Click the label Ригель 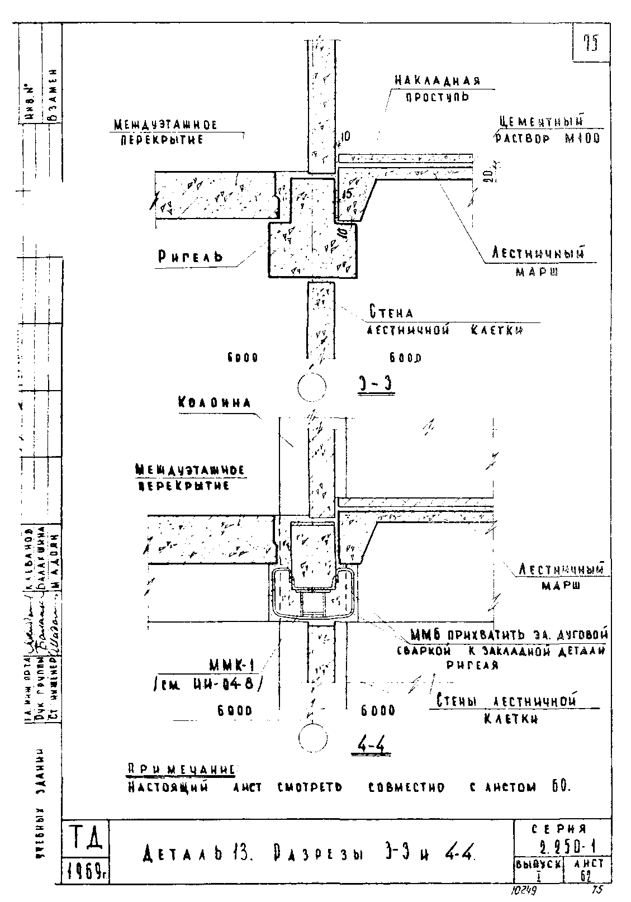[189, 256]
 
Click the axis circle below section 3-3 [312, 386]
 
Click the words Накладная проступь [437, 88]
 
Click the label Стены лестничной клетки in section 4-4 [506, 709]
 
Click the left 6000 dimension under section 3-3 [242, 358]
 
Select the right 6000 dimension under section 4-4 [378, 710]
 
